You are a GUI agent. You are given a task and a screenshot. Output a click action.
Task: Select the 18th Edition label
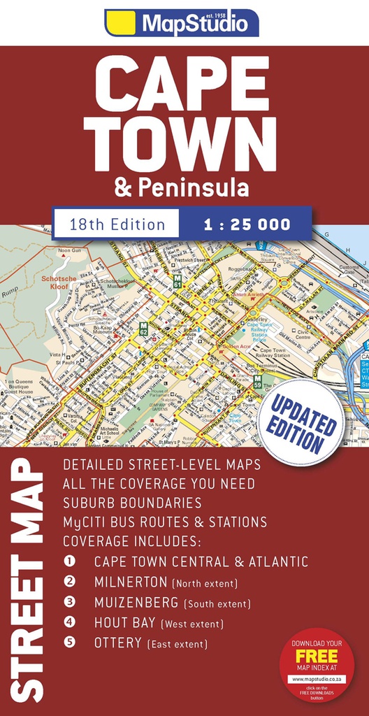(117, 224)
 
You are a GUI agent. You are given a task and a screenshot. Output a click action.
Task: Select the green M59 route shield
(258, 383)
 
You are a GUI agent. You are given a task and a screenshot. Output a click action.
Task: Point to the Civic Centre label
(303, 334)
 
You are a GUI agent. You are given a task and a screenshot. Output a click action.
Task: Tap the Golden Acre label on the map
(236, 345)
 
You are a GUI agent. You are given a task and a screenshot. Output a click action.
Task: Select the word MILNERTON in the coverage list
(131, 582)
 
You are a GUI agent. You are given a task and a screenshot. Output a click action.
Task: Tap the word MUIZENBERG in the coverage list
(137, 602)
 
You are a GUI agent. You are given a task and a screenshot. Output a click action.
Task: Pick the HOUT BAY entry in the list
(125, 622)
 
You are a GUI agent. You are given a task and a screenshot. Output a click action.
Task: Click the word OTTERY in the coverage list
(117, 643)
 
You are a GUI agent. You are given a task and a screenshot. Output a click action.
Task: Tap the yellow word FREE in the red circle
(317, 656)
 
